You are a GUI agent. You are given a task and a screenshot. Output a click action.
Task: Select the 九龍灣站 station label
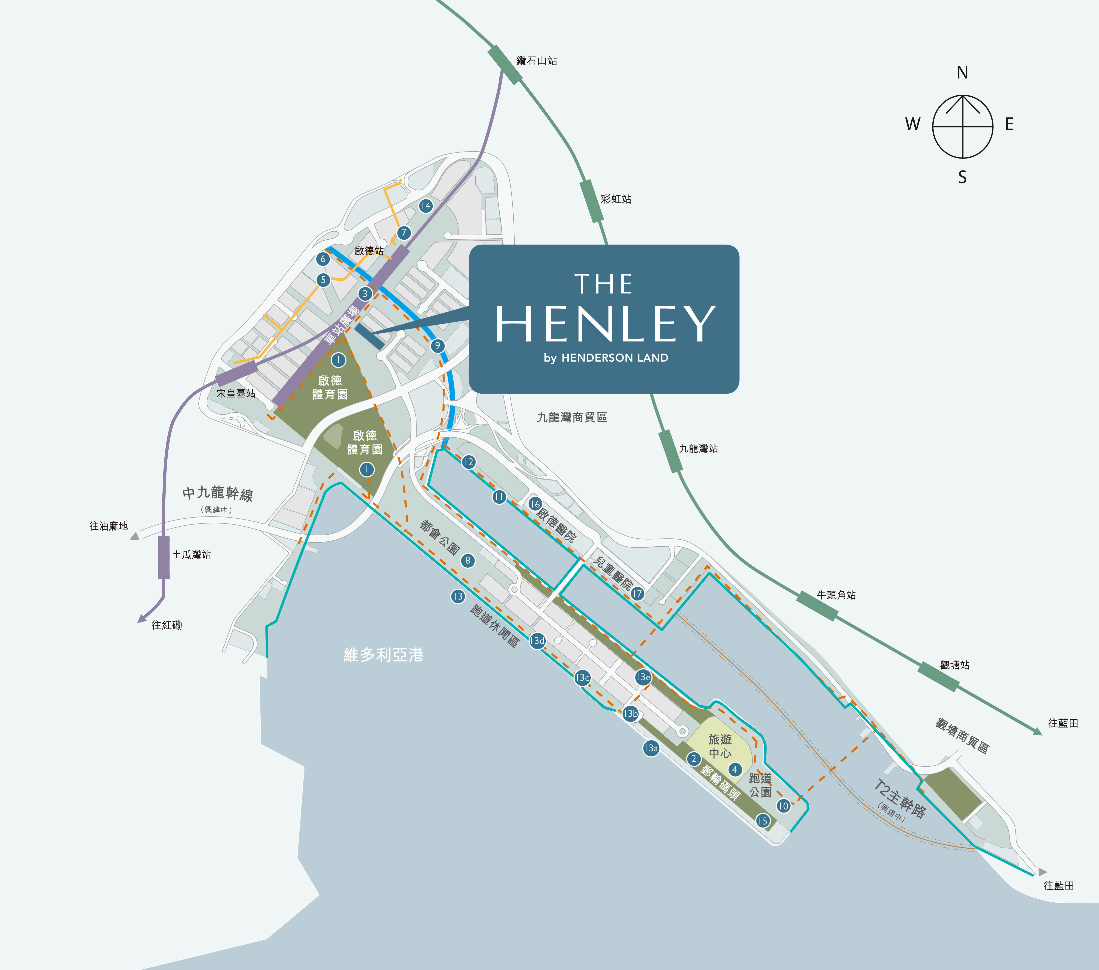[698, 449]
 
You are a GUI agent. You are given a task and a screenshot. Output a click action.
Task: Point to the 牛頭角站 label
[836, 595]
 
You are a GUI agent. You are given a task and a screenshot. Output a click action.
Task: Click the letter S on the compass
[962, 177]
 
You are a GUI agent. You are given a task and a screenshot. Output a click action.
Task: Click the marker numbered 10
[783, 806]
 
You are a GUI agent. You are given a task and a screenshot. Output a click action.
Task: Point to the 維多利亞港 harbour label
[383, 655]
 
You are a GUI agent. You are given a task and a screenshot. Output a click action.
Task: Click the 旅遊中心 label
[720, 746]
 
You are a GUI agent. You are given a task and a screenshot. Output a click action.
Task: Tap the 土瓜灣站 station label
[191, 555]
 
